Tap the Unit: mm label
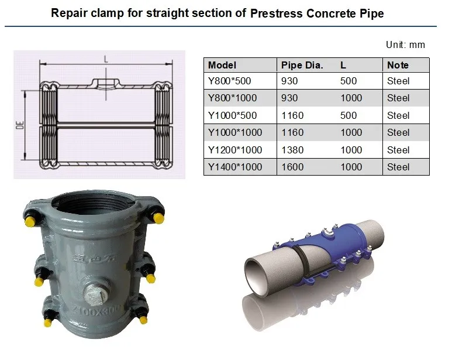point(405,44)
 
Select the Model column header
point(222,65)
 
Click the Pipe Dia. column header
point(302,65)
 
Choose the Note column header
point(398,65)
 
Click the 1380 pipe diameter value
point(292,150)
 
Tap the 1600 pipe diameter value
point(292,167)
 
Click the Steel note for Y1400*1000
point(398,167)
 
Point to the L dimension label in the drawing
point(105,59)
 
